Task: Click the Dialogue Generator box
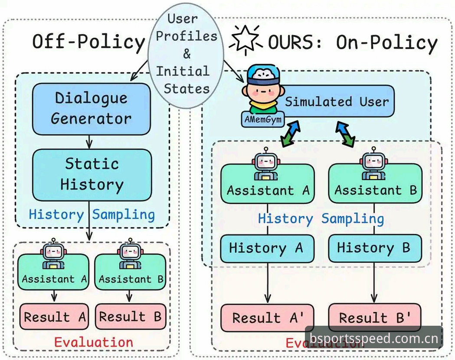click(x=92, y=109)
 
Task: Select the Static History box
click(x=92, y=175)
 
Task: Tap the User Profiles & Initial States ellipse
click(x=186, y=56)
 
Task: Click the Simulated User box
click(x=334, y=101)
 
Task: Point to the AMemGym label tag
click(x=263, y=119)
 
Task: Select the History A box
click(x=267, y=249)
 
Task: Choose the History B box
click(x=375, y=249)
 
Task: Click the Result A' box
click(x=267, y=317)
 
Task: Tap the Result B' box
click(x=375, y=317)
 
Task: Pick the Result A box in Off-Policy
click(x=54, y=317)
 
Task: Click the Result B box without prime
click(x=131, y=317)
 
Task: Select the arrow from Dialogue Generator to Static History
click(x=89, y=142)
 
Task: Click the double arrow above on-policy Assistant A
click(x=290, y=134)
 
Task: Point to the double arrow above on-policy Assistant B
click(x=345, y=134)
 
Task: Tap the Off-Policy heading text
click(x=88, y=42)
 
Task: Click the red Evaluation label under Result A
click(x=93, y=342)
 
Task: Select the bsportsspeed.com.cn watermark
click(x=374, y=338)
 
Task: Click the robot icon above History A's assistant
click(x=266, y=164)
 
